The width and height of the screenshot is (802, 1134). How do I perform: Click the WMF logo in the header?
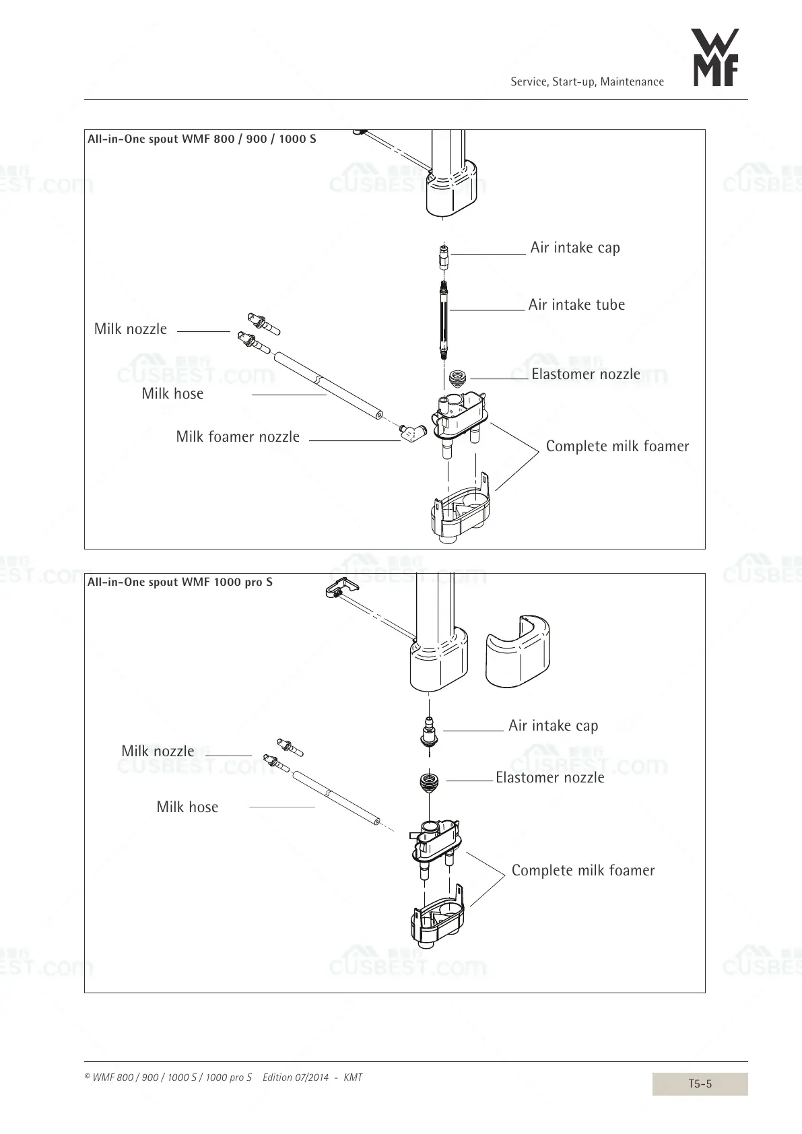click(x=716, y=58)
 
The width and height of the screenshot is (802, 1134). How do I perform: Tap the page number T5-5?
click(x=700, y=1083)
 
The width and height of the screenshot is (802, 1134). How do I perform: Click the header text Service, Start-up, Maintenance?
click(x=587, y=82)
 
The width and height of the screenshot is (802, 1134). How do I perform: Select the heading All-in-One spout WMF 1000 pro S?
click(x=180, y=582)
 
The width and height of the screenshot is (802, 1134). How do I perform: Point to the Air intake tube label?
click(x=576, y=305)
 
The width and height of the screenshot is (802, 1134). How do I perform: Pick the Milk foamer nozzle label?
click(x=238, y=437)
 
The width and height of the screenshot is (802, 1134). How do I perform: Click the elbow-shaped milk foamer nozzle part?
click(x=409, y=432)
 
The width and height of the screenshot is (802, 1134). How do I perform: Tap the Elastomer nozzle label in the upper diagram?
click(x=585, y=374)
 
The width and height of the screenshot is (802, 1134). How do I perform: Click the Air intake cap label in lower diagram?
click(x=553, y=726)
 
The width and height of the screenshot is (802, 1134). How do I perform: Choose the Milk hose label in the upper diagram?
click(x=172, y=394)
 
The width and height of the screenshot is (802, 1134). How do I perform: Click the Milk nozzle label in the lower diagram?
click(x=158, y=752)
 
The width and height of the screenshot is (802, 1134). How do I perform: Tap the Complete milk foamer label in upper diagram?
click(x=617, y=446)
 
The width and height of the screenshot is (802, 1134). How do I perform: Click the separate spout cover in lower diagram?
click(x=517, y=651)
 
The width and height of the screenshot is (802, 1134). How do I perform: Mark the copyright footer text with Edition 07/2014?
click(x=224, y=1077)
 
